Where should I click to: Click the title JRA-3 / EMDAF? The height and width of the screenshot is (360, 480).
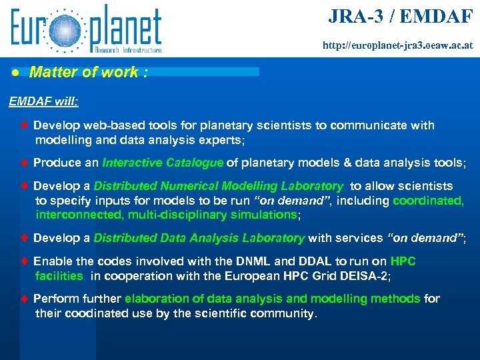pos(401,16)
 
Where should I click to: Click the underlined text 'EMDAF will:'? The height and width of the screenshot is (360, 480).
pos(43,102)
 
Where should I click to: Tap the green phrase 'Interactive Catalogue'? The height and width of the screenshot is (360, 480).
pos(163,163)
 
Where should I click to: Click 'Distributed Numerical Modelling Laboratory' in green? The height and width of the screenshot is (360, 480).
pos(219,187)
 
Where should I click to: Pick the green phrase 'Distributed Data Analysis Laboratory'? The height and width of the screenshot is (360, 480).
pos(199,238)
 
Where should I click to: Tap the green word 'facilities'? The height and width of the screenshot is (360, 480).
pos(59,275)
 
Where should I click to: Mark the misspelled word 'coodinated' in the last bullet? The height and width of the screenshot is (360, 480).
pos(89,313)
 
